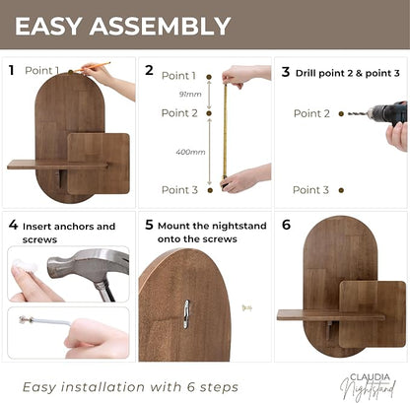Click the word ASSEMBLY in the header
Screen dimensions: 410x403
pyautogui.click(x=160, y=26)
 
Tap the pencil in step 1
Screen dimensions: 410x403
pyautogui.click(x=92, y=67)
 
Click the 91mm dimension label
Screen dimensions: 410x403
pyautogui.click(x=190, y=95)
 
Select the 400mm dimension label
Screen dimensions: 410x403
pyautogui.click(x=190, y=152)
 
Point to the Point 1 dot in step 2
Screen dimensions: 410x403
pyautogui.click(x=209, y=77)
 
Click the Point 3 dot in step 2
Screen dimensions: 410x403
pyautogui.click(x=210, y=190)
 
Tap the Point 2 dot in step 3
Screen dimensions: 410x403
pyautogui.click(x=341, y=114)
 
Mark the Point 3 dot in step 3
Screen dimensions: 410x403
pyautogui.click(x=341, y=190)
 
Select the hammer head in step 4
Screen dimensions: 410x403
pyautogui.click(x=88, y=265)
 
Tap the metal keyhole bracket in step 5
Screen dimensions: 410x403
pyautogui.click(x=186, y=314)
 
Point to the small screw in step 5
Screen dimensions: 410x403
pyautogui.click(x=246, y=308)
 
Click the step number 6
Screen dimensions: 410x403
pyautogui.click(x=286, y=225)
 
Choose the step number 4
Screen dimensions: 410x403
pyautogui.click(x=13, y=225)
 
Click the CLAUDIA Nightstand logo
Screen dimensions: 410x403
pyautogui.click(x=368, y=386)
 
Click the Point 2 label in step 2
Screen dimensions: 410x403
pyautogui.click(x=179, y=113)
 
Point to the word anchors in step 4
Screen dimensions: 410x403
pyautogui.click(x=74, y=227)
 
